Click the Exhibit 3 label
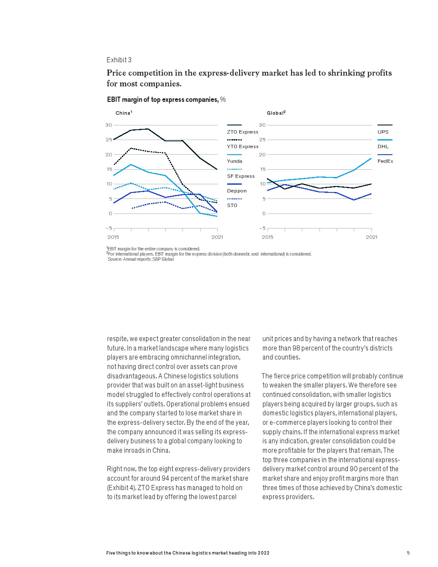tap(119, 60)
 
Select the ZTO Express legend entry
tap(243, 132)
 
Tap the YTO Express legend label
tap(243, 146)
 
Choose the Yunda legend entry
tap(234, 161)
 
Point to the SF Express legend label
tap(241, 176)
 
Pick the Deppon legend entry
tap(237, 191)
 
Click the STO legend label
tap(232, 205)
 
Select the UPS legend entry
tap(383, 132)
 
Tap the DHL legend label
tap(383, 146)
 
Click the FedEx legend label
tap(385, 161)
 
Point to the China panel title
tap(124, 113)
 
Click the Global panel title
tap(276, 113)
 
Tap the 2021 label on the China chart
tap(217, 237)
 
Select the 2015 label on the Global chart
tap(268, 237)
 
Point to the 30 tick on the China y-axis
tap(109, 125)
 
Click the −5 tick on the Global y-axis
tap(262, 229)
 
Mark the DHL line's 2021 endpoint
tap(371, 158)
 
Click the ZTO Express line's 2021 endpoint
tap(217, 169)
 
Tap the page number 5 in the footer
tap(408, 553)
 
